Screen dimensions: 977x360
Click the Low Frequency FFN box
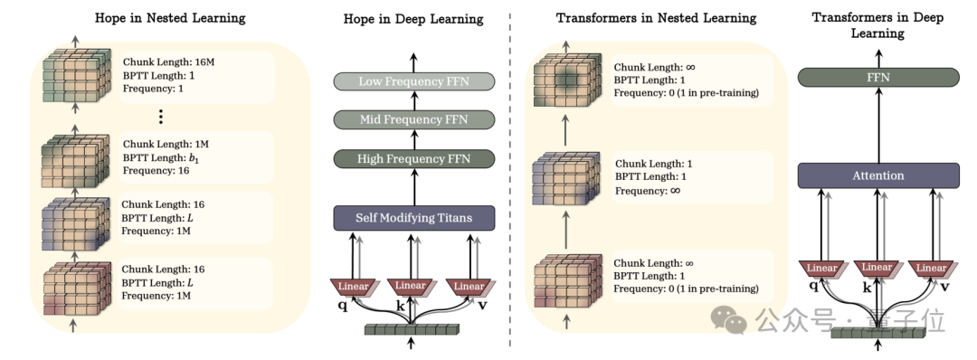pos(413,81)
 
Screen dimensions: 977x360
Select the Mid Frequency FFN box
pos(413,119)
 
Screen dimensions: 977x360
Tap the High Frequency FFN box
pos(413,159)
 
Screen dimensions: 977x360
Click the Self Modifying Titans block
pos(413,218)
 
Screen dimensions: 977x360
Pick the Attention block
pos(878,175)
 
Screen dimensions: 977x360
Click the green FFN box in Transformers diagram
pos(878,77)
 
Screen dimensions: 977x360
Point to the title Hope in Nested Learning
pos(170,18)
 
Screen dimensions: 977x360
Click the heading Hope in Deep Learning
pos(413,19)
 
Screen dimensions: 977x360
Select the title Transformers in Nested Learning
pos(656,18)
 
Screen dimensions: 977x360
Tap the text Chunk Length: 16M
pos(169,62)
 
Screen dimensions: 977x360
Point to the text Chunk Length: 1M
pos(166,145)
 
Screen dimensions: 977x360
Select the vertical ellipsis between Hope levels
pos(160,117)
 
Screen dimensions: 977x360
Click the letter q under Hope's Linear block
pos(342,306)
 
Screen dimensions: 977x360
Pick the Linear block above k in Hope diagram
pos(412,287)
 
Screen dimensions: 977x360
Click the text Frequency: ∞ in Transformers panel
pos(648,191)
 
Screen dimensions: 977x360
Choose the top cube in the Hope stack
pos(75,75)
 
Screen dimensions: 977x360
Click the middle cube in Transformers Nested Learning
pos(566,177)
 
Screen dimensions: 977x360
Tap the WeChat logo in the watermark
pos(729,319)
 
